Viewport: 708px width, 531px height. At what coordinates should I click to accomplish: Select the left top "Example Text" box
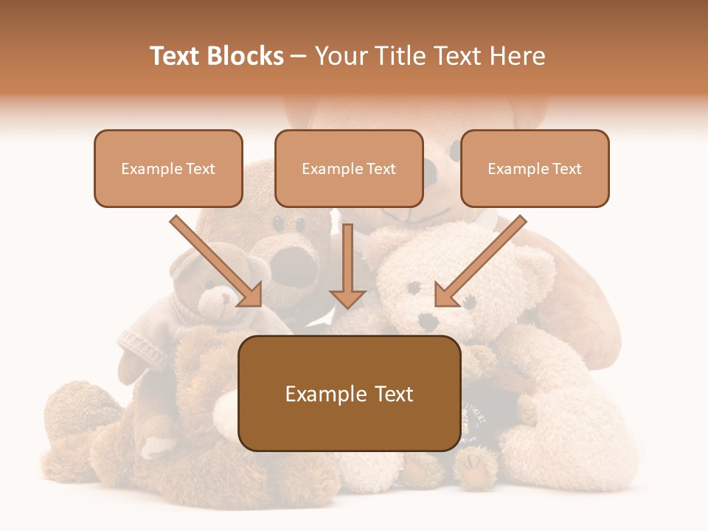coord(168,169)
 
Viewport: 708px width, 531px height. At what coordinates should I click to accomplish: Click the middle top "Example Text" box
coord(349,169)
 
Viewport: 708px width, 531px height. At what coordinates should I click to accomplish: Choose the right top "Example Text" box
coord(535,169)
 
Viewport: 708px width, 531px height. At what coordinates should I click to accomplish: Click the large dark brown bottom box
coord(349,393)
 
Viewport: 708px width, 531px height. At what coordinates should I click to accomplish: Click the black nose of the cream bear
coord(426,321)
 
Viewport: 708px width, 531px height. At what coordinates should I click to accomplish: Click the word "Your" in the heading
coord(341,56)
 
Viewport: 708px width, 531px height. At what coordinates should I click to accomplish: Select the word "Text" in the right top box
coord(566,169)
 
